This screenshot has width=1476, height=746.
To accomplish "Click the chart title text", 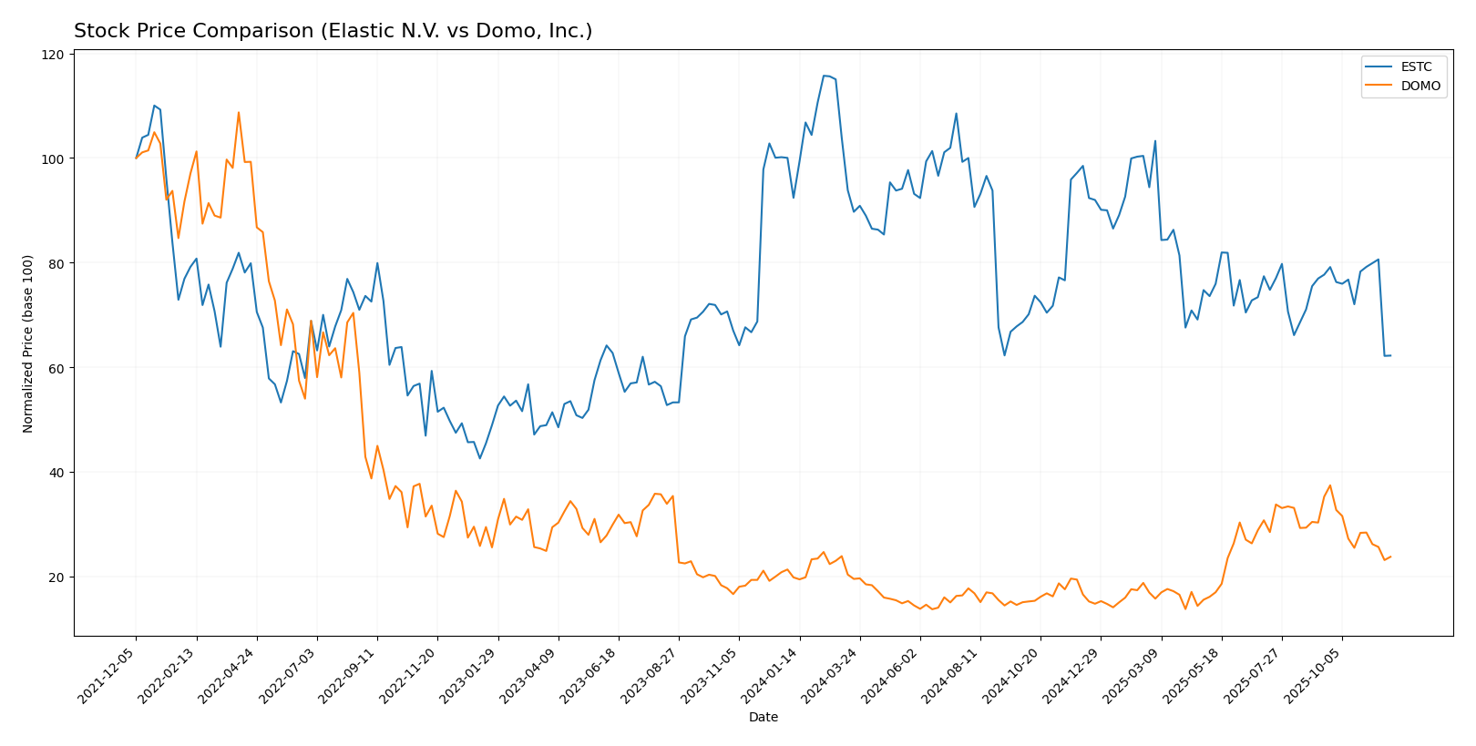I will click(x=333, y=31).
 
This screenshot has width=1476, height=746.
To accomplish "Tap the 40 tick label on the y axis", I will click(x=56, y=473).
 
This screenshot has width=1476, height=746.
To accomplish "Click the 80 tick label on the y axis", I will click(x=56, y=263).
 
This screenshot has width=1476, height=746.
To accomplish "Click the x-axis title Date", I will click(x=763, y=718).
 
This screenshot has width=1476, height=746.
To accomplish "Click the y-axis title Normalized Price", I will click(x=28, y=343).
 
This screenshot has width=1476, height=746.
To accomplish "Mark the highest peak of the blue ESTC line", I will click(x=824, y=76).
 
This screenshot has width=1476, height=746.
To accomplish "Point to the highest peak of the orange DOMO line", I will click(x=239, y=113).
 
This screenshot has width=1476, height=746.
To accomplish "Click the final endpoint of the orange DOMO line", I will click(x=1390, y=557).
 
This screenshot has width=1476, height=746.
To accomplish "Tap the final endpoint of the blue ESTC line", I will click(x=1390, y=355).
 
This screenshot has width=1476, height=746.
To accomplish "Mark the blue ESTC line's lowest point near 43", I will click(x=480, y=458).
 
